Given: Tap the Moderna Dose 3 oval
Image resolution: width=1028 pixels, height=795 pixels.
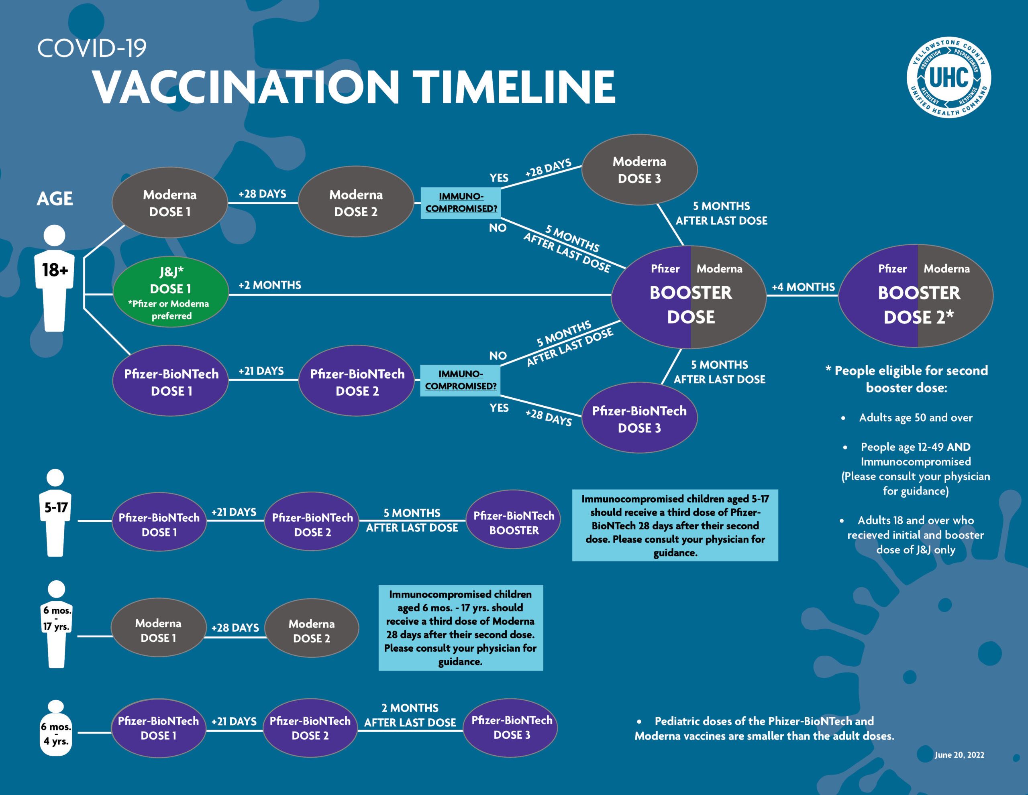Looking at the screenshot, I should click(639, 170).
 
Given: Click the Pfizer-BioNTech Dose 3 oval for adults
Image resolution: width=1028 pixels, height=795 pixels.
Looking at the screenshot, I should click(639, 418).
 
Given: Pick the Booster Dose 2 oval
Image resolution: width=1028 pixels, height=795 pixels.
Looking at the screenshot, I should click(916, 296).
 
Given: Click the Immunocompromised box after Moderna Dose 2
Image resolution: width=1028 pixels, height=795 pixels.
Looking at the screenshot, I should click(461, 203).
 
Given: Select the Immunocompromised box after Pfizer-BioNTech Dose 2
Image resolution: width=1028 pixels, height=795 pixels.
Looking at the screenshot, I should click(460, 380).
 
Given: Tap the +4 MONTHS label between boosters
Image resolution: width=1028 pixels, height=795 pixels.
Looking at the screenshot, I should click(803, 287).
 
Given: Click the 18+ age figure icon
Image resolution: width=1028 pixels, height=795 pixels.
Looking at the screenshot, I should click(55, 278).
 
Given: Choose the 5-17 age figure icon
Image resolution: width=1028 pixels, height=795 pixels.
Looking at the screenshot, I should click(55, 512).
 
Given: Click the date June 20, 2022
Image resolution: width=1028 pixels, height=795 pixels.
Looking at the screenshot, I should click(959, 755).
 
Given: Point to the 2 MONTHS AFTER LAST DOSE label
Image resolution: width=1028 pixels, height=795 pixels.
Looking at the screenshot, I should click(410, 715).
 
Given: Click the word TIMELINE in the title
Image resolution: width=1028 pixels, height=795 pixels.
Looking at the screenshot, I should click(516, 87).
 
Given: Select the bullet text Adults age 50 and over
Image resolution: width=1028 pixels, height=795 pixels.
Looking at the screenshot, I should click(915, 418).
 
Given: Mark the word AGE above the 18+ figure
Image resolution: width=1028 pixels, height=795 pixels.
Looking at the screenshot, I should click(55, 199).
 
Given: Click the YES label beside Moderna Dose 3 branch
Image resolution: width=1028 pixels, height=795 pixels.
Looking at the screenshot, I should click(498, 178).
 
